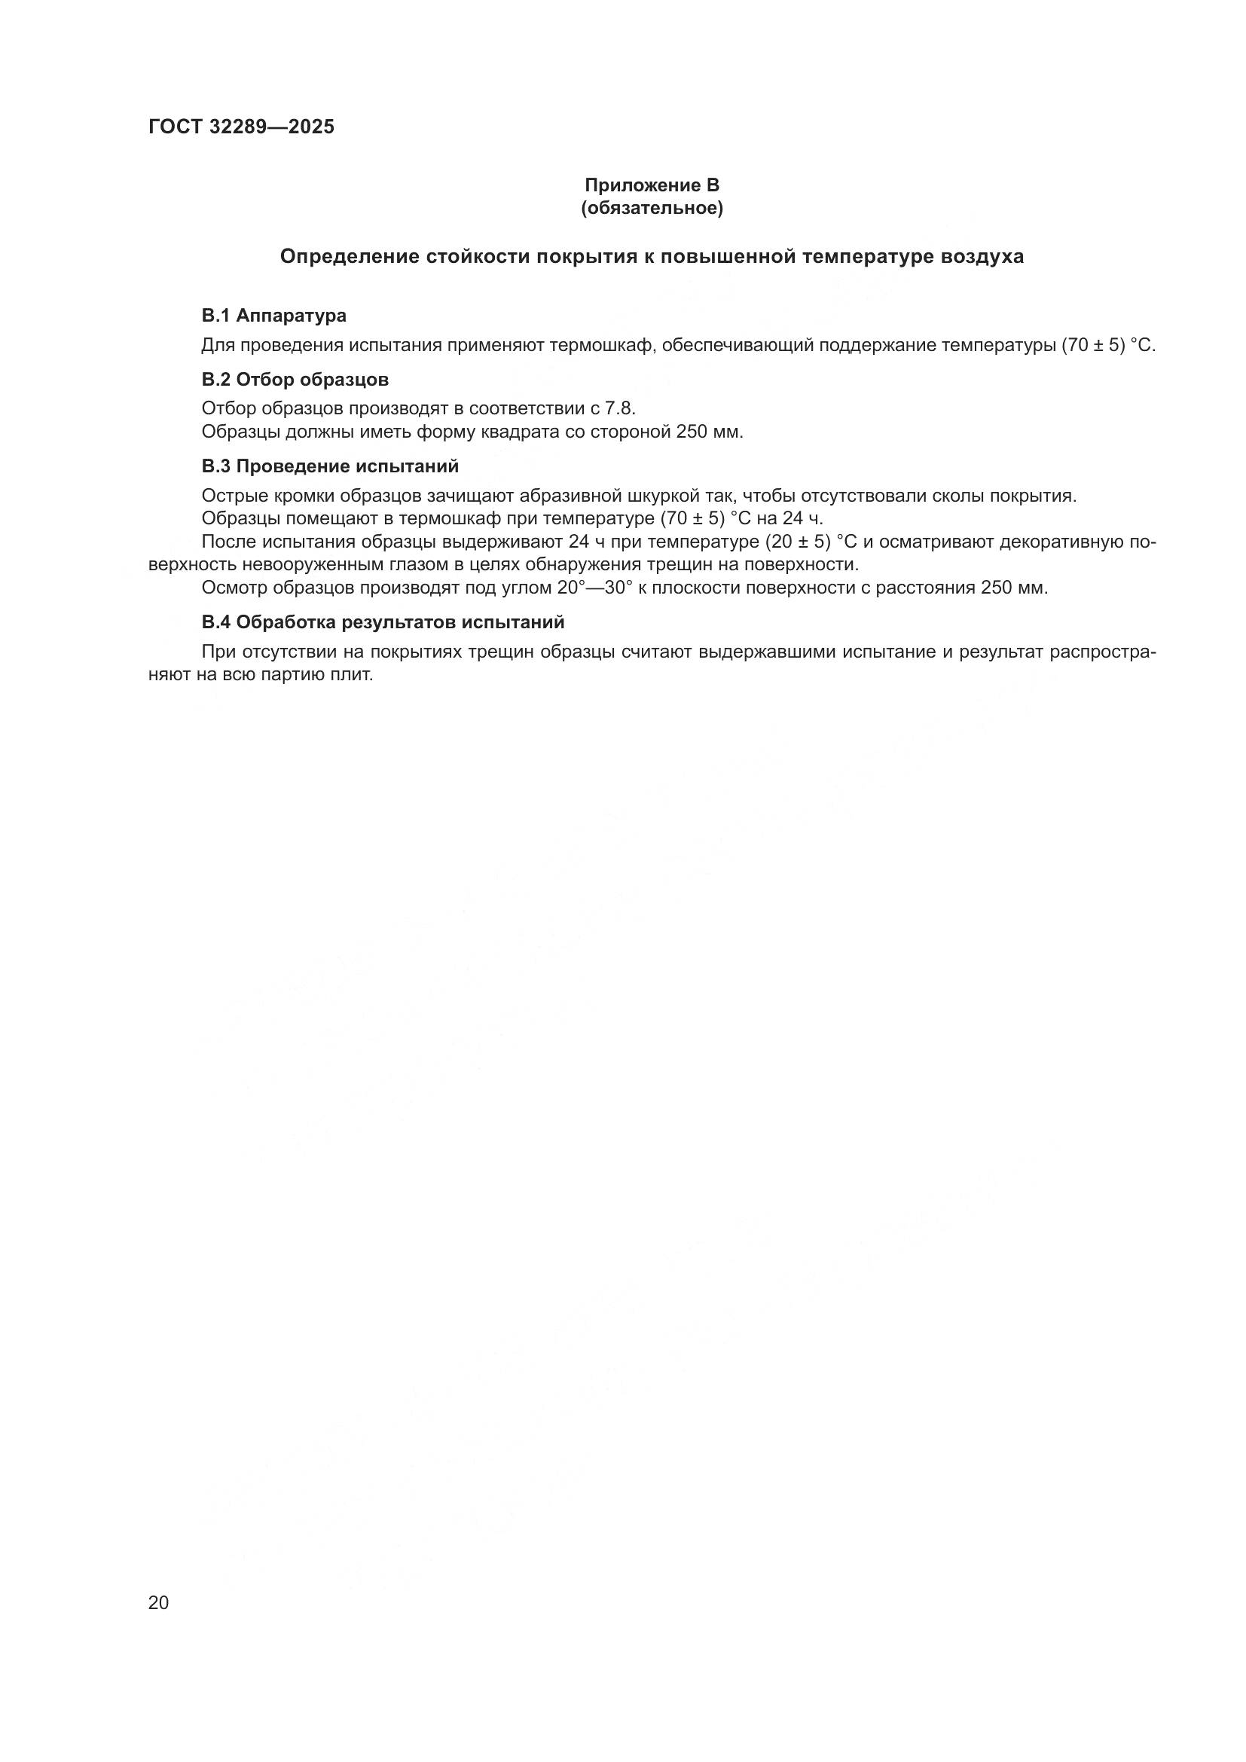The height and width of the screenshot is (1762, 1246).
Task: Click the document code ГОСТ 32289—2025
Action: coord(241,127)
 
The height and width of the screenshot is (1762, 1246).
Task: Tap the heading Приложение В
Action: coord(652,185)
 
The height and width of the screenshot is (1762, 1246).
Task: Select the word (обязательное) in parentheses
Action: coord(652,208)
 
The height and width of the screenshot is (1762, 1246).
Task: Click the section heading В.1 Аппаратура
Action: coord(274,316)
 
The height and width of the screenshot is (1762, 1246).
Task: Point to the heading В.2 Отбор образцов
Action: coord(295,380)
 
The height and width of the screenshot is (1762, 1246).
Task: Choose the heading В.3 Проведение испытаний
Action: coord(330,466)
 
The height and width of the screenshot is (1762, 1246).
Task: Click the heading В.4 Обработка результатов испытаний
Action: coord(383,621)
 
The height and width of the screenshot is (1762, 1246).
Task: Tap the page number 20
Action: coord(158,1602)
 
